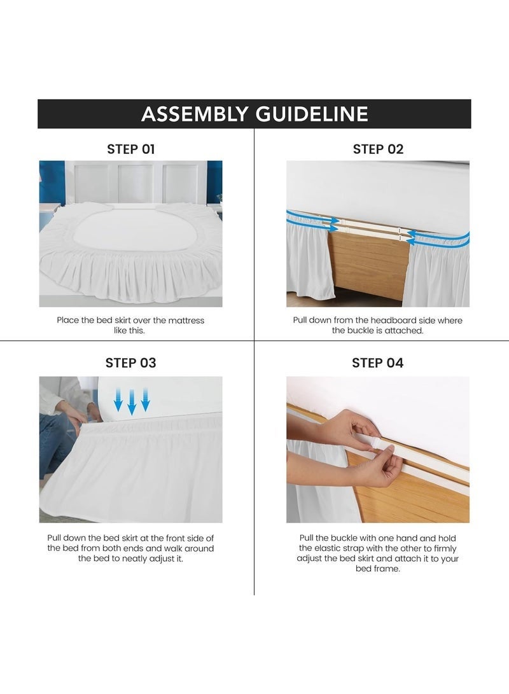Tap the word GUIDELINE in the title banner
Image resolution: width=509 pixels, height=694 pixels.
tap(312, 114)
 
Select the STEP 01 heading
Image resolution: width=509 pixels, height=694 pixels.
tap(130, 149)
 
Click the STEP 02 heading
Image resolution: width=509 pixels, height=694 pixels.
tap(378, 149)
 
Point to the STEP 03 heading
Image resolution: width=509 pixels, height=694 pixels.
tap(130, 363)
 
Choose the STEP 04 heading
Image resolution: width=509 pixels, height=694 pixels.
tap(378, 363)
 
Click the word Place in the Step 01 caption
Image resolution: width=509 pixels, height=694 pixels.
tap(68, 320)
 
